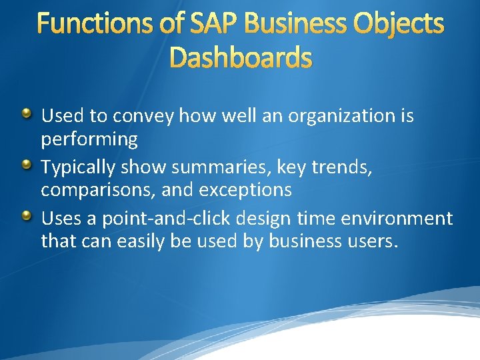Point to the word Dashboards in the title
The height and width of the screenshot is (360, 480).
click(240, 59)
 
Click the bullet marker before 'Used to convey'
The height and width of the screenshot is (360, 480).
click(26, 114)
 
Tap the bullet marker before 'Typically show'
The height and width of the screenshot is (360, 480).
click(26, 165)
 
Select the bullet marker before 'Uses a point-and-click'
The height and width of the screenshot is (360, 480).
click(26, 216)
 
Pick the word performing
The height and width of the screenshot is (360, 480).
click(89, 139)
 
